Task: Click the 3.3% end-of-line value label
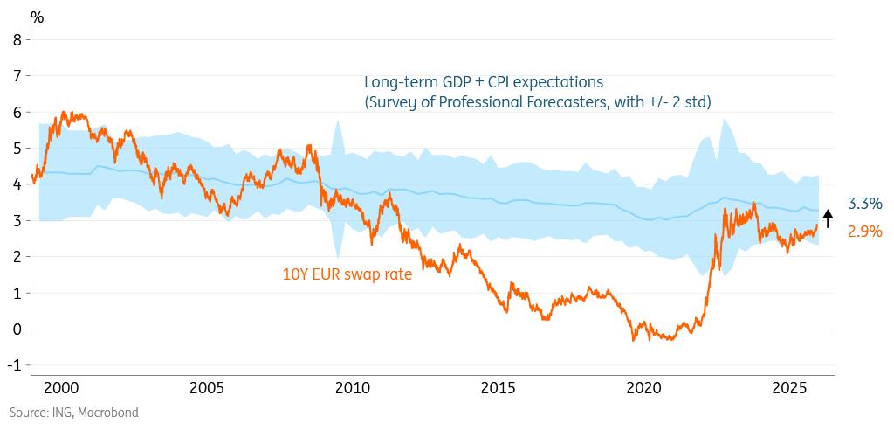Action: click(864, 204)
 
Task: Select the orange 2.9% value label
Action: click(864, 232)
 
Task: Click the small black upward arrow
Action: click(829, 218)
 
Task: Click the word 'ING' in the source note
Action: click(64, 412)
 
